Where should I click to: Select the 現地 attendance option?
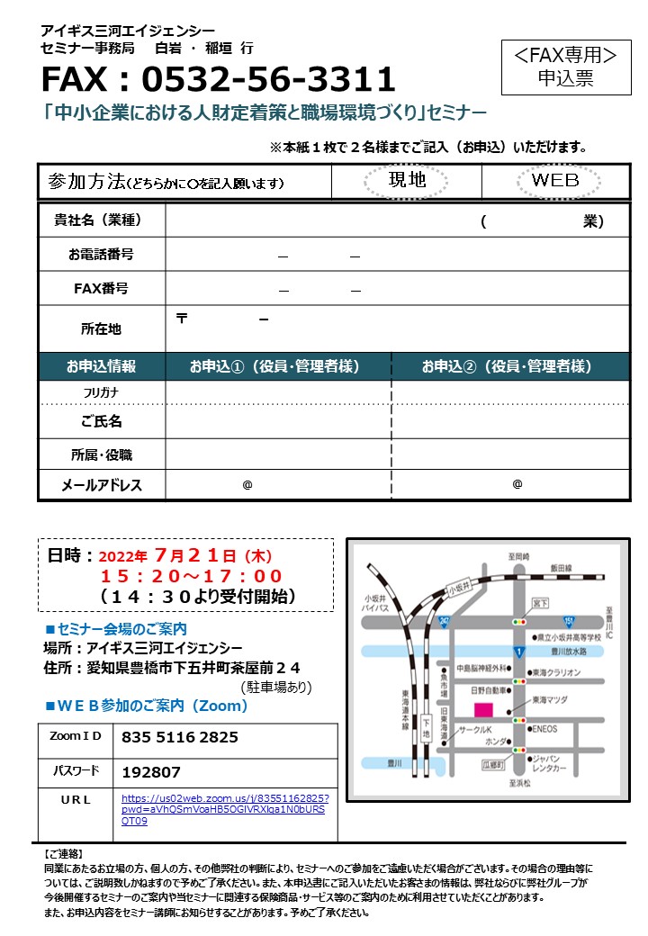(407, 180)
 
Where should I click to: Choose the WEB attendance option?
(555, 180)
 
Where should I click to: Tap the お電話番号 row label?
(101, 255)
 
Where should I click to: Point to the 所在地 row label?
(101, 329)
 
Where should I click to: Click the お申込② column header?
(509, 366)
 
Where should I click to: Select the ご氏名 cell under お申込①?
(278, 421)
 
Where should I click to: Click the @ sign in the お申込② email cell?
(517, 484)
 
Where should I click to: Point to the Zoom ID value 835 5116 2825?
(179, 737)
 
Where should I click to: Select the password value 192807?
(150, 772)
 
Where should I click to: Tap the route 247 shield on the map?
(444, 622)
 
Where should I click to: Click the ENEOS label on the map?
(544, 728)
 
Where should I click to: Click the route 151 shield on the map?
(569, 621)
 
